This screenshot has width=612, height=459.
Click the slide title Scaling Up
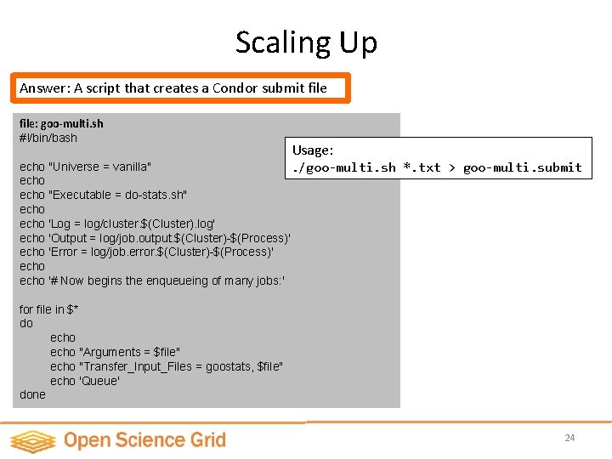coord(306,42)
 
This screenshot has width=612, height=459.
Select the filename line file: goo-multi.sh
coord(61,123)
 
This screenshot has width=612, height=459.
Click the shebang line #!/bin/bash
coord(48,138)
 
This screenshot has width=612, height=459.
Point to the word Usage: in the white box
coord(314,150)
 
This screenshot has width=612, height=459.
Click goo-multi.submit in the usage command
coord(522,167)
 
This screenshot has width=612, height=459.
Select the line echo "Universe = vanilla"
coord(86,167)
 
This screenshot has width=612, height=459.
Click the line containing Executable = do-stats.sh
coord(103,195)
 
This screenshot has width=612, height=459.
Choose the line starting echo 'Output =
coord(155,238)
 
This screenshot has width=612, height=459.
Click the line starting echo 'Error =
coord(146,252)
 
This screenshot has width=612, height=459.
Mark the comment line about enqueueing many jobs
coord(152,280)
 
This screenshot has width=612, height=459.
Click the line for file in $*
coord(49,309)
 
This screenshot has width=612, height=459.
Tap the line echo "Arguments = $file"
coord(115,352)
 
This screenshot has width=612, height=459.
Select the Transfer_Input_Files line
coord(167,365)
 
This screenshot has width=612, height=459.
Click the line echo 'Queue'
coord(85,380)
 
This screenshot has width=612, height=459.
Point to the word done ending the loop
coord(32,394)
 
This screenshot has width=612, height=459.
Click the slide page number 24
coord(569,438)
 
